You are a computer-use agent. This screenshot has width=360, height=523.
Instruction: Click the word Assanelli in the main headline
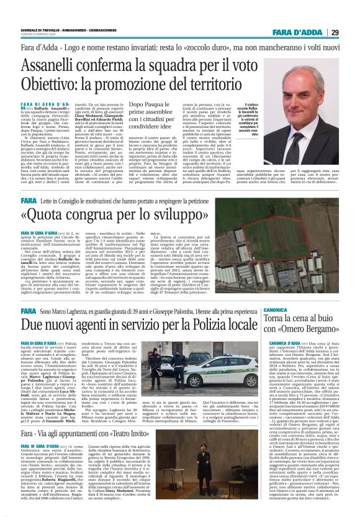(53, 65)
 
